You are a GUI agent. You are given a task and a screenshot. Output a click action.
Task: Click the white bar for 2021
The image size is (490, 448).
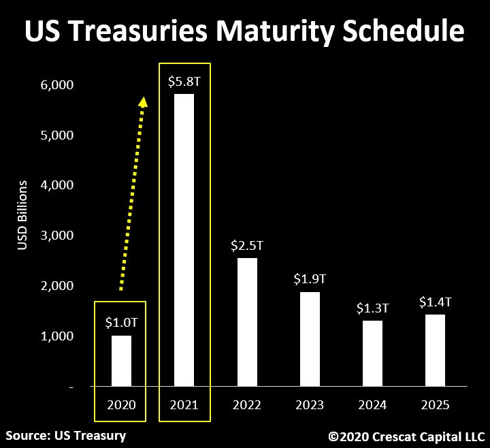click(184, 240)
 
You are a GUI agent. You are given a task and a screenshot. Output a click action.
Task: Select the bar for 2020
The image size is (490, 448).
click(121, 361)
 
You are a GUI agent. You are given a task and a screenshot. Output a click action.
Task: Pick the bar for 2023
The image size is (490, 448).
click(310, 339)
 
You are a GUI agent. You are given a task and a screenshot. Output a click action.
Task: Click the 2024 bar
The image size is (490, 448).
click(372, 353)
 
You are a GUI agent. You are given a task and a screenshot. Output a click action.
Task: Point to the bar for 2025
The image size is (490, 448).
click(435, 351)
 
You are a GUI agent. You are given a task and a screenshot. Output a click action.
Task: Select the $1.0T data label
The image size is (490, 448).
click(121, 323)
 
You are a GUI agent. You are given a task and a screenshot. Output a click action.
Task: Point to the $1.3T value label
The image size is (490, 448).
click(372, 308)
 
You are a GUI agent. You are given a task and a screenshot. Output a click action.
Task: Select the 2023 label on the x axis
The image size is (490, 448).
click(310, 405)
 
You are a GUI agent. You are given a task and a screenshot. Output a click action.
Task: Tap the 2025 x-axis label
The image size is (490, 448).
click(435, 405)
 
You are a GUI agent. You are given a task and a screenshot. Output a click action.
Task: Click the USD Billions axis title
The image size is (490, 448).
click(22, 215)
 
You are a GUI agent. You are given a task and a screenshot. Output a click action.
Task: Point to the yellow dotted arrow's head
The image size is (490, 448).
click(143, 101)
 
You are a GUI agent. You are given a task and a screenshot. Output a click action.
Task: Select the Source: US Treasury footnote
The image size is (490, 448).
click(66, 434)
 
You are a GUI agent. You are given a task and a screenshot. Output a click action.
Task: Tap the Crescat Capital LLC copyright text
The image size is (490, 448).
click(406, 435)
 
